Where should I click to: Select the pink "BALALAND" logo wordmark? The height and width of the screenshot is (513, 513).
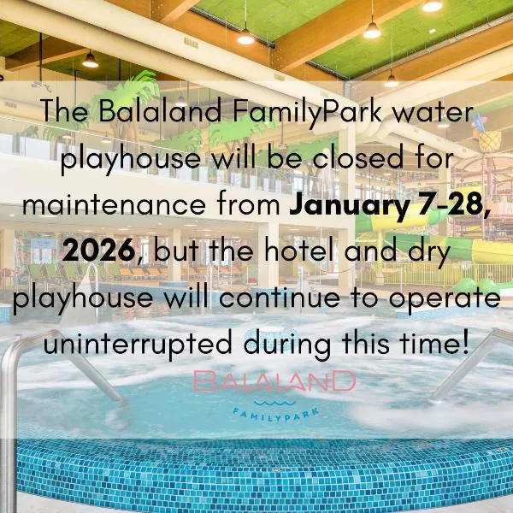[274, 381]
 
